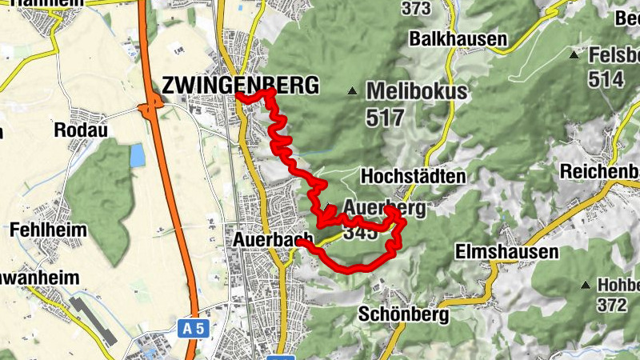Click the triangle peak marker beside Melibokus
353,90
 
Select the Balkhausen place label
458,38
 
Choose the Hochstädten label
413,175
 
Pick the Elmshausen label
506,252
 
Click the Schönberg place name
403,314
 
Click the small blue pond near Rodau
138,154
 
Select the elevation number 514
606,79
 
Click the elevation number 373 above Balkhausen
416,9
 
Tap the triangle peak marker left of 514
574,54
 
